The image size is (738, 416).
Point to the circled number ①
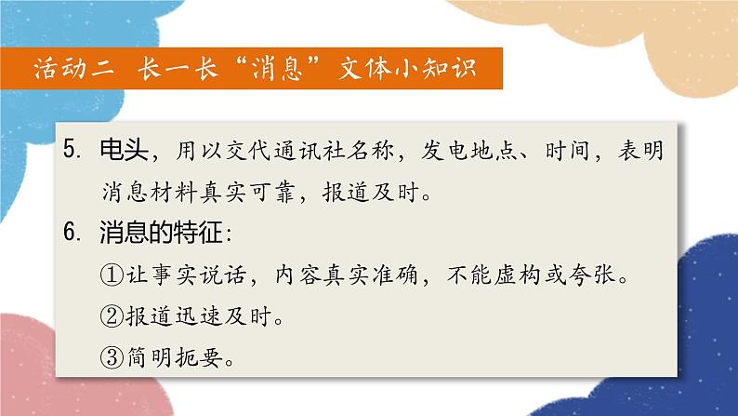111,275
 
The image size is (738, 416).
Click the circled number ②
111,316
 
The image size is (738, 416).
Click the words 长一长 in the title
176,68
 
